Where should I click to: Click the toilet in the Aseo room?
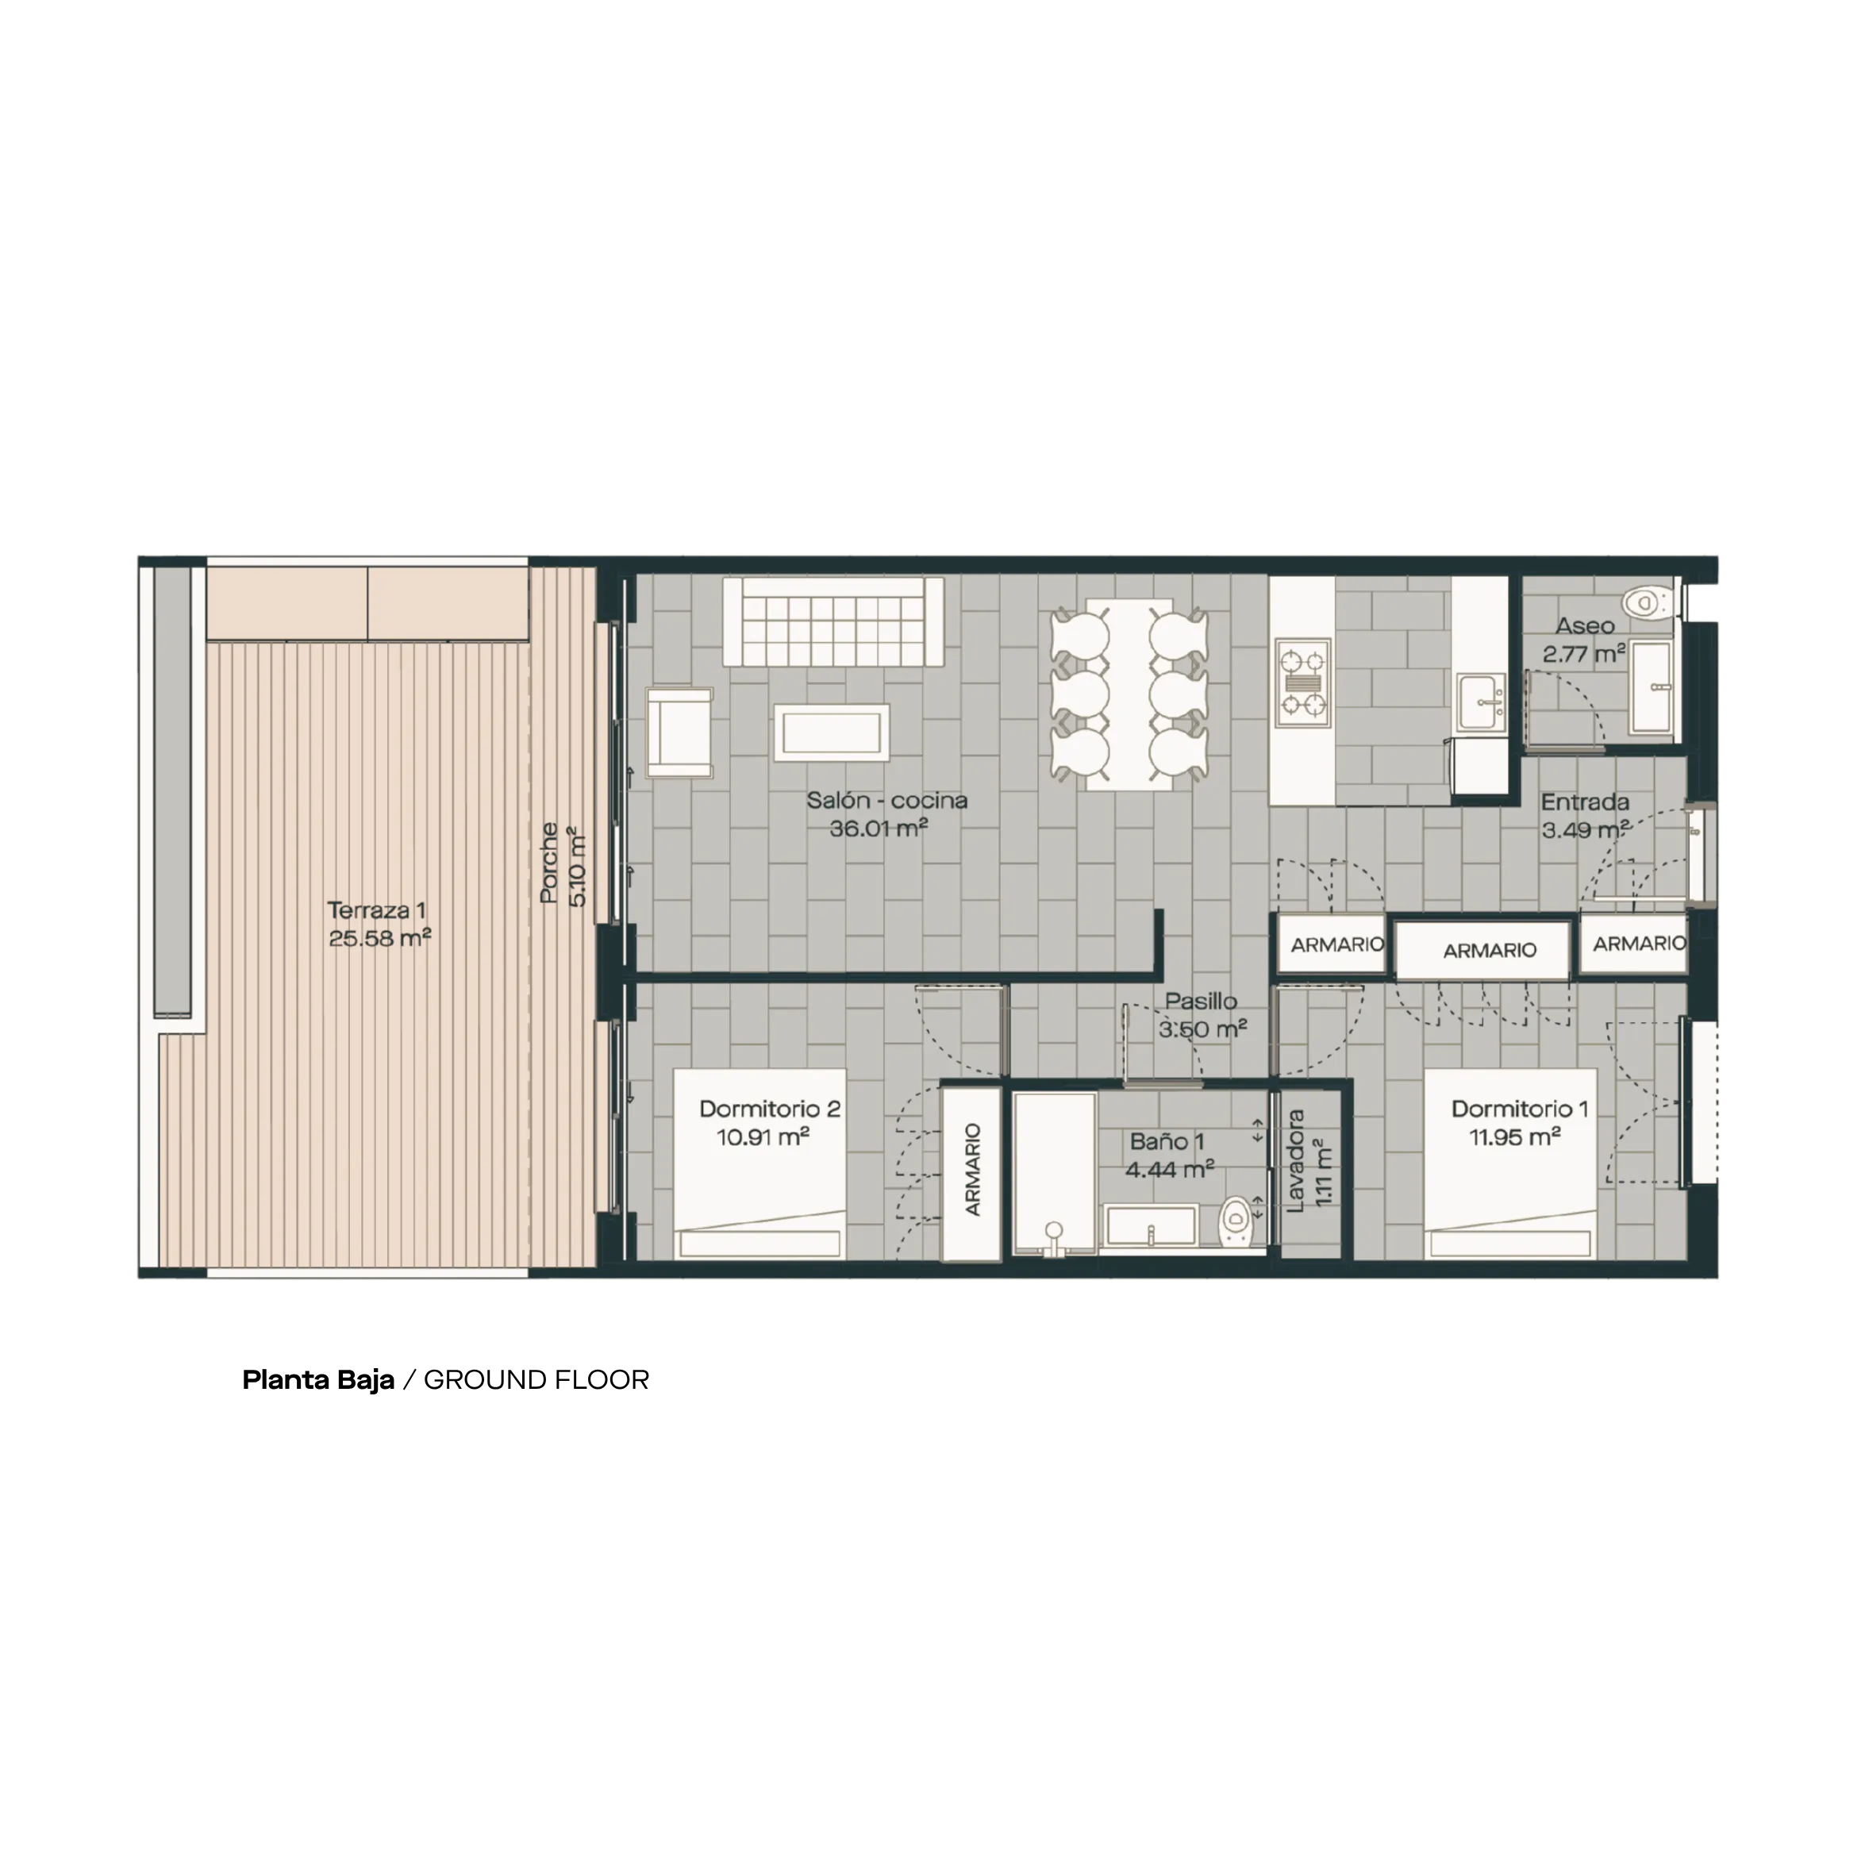tap(1642, 603)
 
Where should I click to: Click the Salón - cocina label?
tap(887, 800)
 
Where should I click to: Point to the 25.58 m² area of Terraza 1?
tap(379, 937)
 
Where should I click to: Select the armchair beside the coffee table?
tap(679, 732)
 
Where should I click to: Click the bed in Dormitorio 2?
tap(759, 1163)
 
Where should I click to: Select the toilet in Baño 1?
tap(1236, 1224)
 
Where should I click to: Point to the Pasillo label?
tap(1201, 1001)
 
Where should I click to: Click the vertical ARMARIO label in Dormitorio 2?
tap(972, 1169)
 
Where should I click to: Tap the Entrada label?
tap(1585, 802)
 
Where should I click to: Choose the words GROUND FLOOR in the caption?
tap(536, 1380)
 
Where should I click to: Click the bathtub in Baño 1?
tap(1054, 1174)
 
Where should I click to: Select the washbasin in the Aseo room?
tap(1652, 687)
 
